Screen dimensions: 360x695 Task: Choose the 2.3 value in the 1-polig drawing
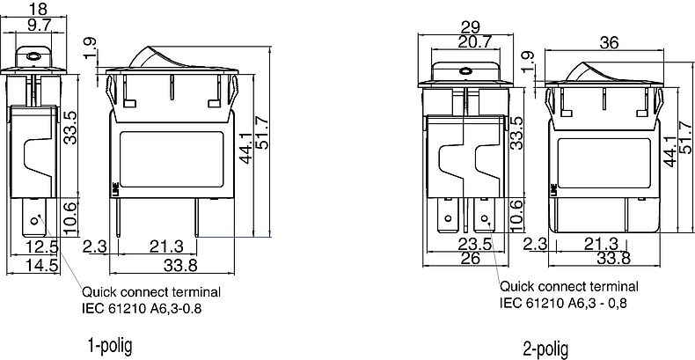point(94,246)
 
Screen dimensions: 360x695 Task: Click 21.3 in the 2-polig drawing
point(601,243)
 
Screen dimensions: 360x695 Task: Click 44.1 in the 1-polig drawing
point(245,151)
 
